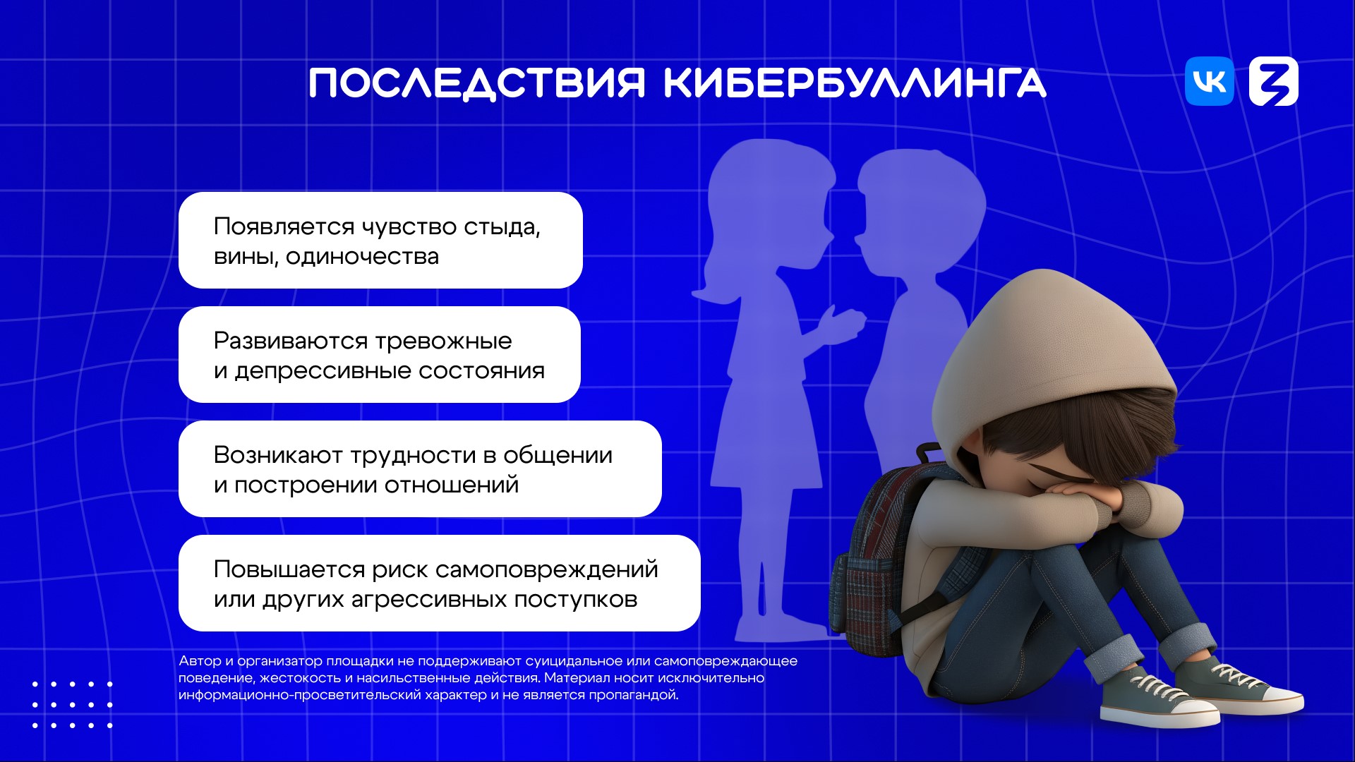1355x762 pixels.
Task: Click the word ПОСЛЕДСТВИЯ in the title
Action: pos(477,83)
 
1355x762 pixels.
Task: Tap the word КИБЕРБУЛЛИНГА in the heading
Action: pos(855,83)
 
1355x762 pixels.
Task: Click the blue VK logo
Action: pos(1210,81)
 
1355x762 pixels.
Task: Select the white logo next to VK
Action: pos(1274,81)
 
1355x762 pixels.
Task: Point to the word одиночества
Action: pos(362,257)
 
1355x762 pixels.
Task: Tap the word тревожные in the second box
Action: pos(444,341)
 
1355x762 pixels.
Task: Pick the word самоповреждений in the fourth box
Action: pos(547,570)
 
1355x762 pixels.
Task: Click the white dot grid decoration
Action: pos(72,704)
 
